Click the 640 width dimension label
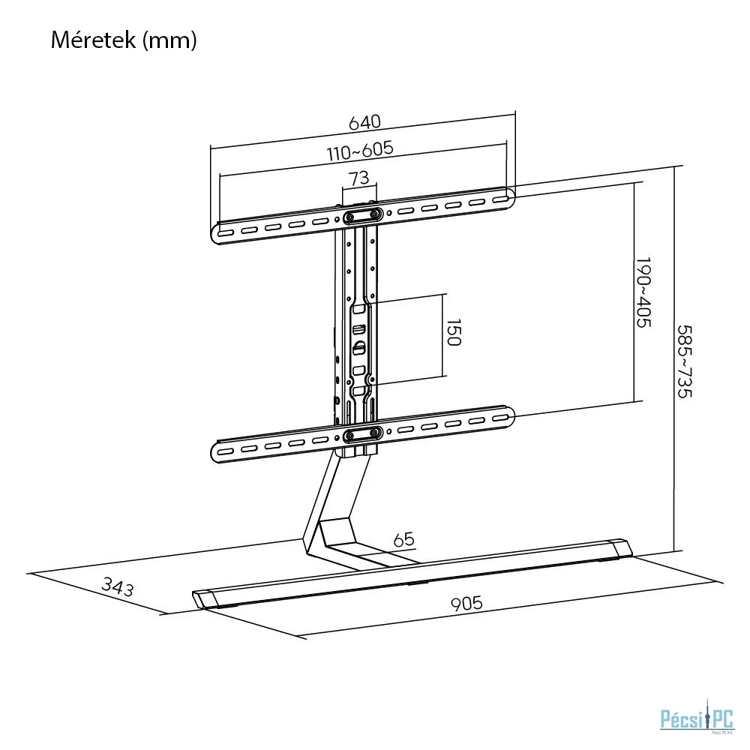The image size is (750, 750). click(364, 122)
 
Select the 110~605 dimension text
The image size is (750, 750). click(360, 151)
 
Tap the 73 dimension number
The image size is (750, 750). click(359, 178)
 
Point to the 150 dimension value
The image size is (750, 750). click(453, 332)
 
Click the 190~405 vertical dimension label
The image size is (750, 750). click(643, 292)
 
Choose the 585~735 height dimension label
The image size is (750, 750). click(685, 361)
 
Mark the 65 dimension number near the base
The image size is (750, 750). click(403, 539)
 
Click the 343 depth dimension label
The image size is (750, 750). click(118, 587)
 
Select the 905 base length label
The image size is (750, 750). click(466, 603)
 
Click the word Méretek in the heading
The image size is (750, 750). click(93, 40)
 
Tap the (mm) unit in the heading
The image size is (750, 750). click(169, 40)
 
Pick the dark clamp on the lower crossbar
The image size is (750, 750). click(364, 434)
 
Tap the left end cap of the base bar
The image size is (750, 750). click(202, 598)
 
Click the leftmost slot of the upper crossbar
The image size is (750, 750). click(226, 233)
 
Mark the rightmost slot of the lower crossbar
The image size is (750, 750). click(500, 418)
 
